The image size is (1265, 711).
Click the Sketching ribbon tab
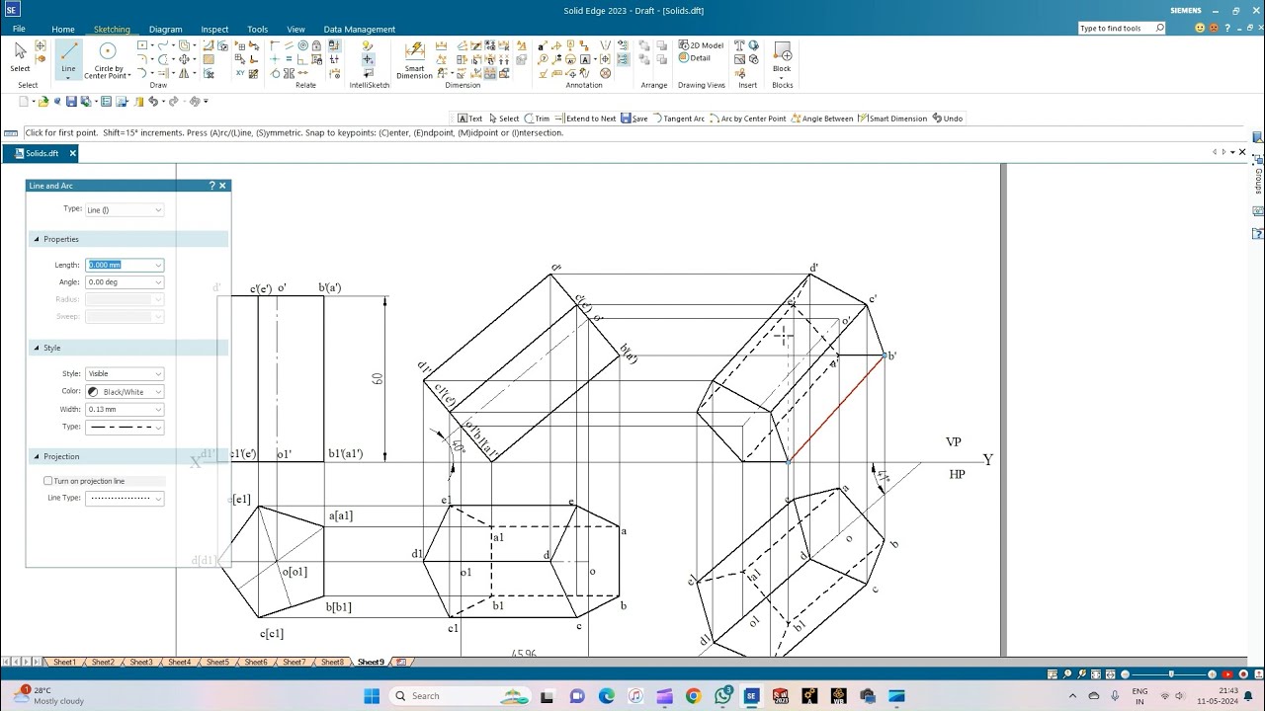point(112,30)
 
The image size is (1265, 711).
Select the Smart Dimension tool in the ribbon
point(415,58)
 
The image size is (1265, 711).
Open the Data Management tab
point(359,30)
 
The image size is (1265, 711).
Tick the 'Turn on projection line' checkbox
point(48,481)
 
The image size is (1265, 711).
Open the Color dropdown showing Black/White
point(125,392)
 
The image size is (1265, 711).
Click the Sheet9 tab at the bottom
point(371,662)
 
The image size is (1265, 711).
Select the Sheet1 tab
point(64,662)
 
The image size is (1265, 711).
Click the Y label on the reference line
point(987,460)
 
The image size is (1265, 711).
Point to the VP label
point(954,442)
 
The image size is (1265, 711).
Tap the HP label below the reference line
point(957,475)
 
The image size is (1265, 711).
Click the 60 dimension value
point(378,378)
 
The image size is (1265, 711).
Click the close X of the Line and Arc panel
point(222,186)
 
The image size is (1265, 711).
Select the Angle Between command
point(822,118)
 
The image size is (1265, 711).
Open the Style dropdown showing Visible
point(125,373)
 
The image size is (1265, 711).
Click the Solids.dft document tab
point(42,153)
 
